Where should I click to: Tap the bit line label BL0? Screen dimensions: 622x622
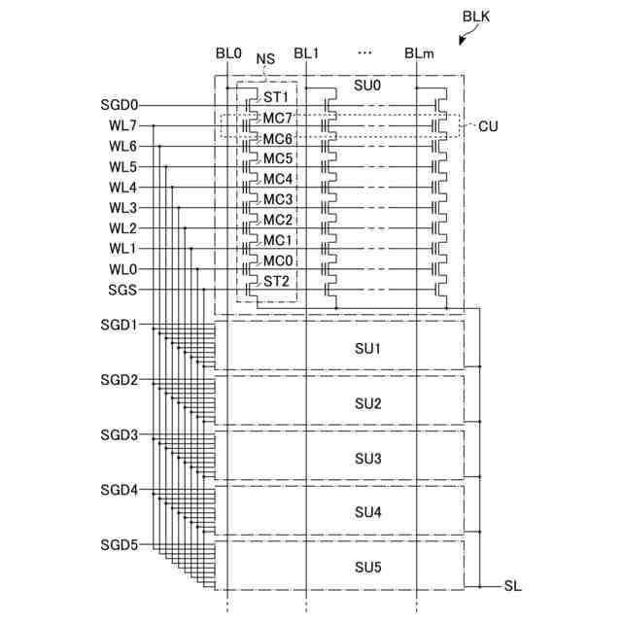point(227,54)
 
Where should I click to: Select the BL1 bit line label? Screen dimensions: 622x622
point(306,54)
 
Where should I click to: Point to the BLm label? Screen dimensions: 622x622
point(419,54)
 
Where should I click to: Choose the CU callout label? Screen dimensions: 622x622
point(488,126)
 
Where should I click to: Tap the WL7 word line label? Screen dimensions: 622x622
point(122,125)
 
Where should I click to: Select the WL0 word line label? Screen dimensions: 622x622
point(122,269)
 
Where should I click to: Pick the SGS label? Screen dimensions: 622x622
point(122,290)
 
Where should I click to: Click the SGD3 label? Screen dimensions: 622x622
point(120,435)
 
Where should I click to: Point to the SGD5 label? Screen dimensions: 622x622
point(120,544)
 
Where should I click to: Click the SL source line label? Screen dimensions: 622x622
point(513,586)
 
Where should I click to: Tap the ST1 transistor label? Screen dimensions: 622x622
point(276,97)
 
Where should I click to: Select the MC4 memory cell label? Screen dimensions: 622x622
point(278,179)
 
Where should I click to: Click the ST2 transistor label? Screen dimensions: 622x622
point(276,281)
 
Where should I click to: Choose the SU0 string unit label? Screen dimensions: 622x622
point(368,86)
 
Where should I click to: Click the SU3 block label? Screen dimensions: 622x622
point(368,458)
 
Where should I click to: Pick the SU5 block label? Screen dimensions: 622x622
point(368,567)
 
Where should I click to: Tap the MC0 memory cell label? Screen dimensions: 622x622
point(278,260)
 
